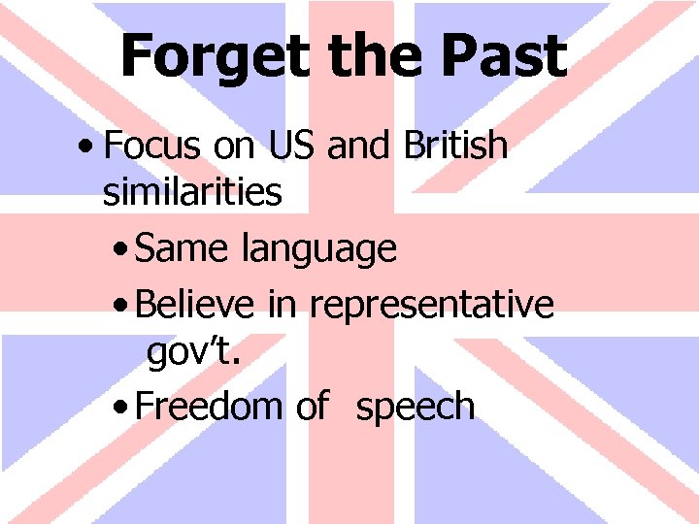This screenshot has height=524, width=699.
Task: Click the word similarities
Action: click(x=192, y=192)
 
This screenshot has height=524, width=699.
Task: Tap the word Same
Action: click(x=184, y=248)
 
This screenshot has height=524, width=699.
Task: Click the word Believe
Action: click(x=198, y=304)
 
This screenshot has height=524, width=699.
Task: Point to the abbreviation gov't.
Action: click(x=193, y=353)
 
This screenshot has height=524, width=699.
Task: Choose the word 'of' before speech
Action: click(x=311, y=406)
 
